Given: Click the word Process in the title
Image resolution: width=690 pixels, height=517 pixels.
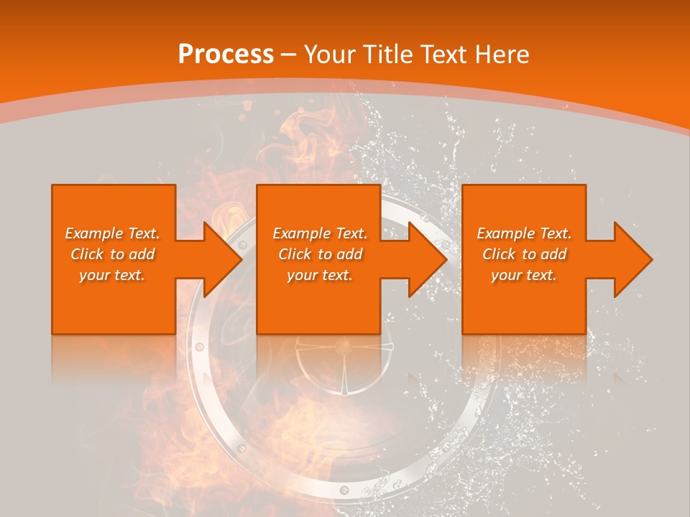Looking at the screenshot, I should click(226, 55).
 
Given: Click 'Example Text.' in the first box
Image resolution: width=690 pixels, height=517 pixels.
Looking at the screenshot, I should click(112, 233).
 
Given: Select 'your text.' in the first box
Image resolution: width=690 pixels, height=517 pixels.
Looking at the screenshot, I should click(112, 275).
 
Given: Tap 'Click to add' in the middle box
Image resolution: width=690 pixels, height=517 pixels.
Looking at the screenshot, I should click(320, 254).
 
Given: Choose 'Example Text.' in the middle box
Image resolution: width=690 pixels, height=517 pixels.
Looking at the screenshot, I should click(320, 233).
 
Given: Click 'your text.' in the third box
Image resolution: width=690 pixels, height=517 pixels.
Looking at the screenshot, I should click(524, 275).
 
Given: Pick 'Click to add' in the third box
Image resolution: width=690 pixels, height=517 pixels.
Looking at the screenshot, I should click(524, 254).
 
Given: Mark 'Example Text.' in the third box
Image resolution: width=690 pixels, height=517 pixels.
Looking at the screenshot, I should click(524, 233).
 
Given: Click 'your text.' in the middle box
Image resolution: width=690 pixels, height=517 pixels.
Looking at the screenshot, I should click(320, 275).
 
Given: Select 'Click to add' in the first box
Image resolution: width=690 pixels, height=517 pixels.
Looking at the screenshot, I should click(112, 254).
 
